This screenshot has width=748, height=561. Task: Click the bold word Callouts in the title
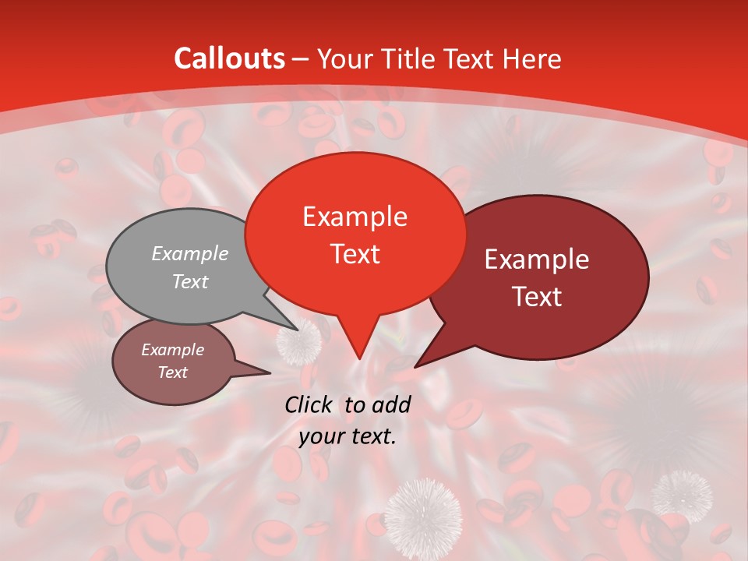[x=229, y=58]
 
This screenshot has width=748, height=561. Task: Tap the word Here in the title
[x=531, y=58]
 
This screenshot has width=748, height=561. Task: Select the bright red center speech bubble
[x=355, y=234]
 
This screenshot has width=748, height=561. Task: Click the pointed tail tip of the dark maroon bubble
[x=415, y=366]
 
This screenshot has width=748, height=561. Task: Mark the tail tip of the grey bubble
[x=297, y=330]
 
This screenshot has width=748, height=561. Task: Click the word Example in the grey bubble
[x=190, y=253]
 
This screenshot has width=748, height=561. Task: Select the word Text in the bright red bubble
[x=355, y=254]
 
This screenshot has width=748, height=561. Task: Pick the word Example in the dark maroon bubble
[x=537, y=259]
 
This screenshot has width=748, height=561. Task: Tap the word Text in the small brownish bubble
[x=173, y=372]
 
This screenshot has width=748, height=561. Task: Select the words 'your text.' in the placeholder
[x=348, y=437]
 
